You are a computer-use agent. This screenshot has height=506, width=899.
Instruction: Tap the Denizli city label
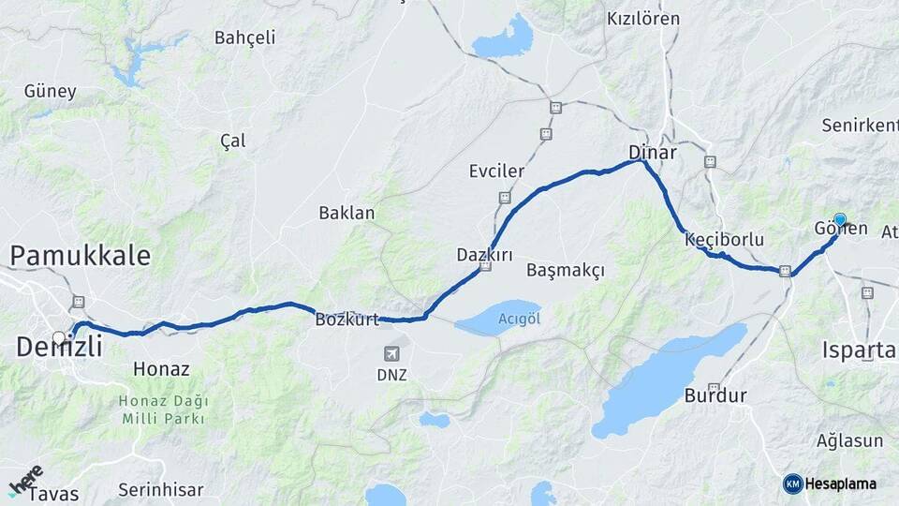tap(59, 348)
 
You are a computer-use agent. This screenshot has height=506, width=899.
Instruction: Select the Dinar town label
tap(652, 152)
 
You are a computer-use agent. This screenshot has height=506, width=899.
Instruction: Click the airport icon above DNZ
tap(392, 353)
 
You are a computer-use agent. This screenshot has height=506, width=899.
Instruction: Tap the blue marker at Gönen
tap(840, 220)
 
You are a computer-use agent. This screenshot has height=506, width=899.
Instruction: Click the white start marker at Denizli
tap(59, 338)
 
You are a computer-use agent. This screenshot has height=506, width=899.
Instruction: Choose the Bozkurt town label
tap(347, 320)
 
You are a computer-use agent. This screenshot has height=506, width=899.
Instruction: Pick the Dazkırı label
tap(484, 255)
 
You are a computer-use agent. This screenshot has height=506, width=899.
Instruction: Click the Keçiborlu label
tap(724, 239)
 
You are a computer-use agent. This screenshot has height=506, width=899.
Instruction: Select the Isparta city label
tap(859, 350)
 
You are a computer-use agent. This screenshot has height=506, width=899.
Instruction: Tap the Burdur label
tap(715, 395)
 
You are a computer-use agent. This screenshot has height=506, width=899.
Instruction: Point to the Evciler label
tap(496, 171)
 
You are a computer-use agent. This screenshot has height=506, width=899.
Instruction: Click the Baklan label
tap(346, 213)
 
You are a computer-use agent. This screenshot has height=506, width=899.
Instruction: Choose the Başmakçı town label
tap(566, 271)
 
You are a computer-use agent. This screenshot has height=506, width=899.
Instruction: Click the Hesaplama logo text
tap(840, 484)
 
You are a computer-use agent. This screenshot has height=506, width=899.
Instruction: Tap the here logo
tap(25, 479)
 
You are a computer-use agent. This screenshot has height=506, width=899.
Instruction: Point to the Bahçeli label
tap(245, 38)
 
